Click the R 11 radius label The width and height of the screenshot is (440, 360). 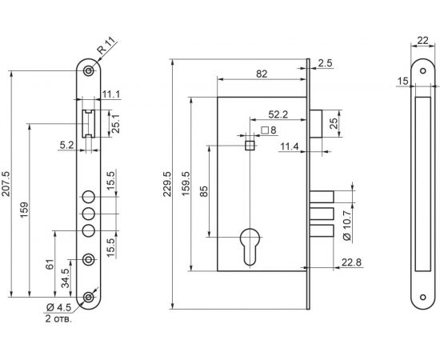(x=106, y=46)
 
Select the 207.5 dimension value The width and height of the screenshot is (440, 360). (x=6, y=184)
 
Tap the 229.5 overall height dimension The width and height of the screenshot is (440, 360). (x=167, y=184)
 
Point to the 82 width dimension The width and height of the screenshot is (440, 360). (x=262, y=74)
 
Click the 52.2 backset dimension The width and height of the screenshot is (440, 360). (x=278, y=114)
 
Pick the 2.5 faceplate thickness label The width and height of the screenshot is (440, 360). (x=325, y=63)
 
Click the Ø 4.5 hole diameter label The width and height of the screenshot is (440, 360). (x=58, y=307)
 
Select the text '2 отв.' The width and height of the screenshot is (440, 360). (x=58, y=319)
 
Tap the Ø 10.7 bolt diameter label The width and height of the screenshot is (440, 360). (x=347, y=226)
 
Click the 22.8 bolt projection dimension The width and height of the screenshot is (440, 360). (x=351, y=262)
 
